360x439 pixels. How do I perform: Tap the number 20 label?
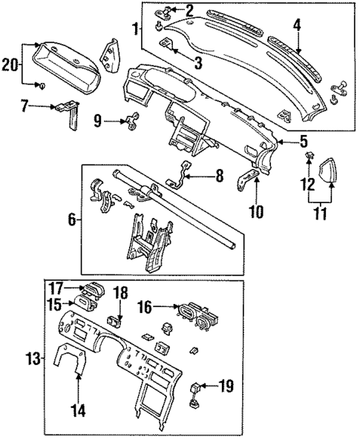(x=11, y=65)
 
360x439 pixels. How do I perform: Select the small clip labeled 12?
(x=307, y=156)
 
